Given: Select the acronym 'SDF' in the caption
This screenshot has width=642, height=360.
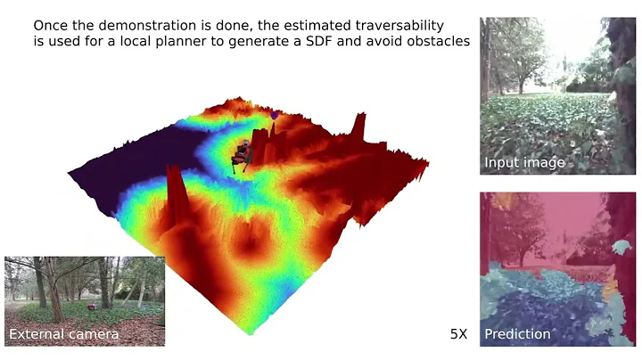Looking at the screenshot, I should [336, 42].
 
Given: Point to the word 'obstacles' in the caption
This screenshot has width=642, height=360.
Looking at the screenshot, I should [437, 42].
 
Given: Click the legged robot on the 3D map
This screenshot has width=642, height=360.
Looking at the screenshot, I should [243, 152].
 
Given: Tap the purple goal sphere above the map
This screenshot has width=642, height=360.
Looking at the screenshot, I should [274, 115].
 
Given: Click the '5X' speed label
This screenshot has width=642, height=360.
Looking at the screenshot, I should [459, 335].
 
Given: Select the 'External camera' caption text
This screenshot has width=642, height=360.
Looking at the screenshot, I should [63, 335].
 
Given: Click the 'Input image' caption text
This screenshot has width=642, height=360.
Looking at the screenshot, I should [524, 163].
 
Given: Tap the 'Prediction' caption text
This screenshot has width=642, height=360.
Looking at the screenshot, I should [517, 335].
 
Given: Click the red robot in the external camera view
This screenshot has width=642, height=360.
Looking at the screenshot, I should [94, 306].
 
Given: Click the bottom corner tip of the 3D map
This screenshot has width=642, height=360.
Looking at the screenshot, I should [249, 334].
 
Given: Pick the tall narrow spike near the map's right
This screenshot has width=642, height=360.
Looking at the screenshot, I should [359, 134].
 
